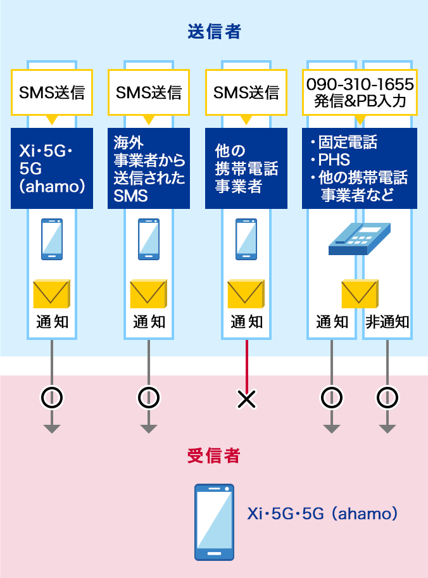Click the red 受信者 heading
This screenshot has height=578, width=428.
(214, 455)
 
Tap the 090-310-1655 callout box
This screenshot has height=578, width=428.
(360, 92)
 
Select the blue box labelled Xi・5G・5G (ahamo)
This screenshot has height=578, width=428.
(52, 168)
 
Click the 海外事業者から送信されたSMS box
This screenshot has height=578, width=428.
(149, 168)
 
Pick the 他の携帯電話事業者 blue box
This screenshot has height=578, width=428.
(246, 168)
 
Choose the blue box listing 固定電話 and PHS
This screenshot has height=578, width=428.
(360, 168)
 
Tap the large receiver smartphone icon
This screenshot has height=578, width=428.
(214, 522)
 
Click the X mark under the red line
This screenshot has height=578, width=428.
(246, 398)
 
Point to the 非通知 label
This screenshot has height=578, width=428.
(387, 322)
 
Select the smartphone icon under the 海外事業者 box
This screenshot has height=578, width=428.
(149, 239)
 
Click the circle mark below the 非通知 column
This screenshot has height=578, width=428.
(387, 398)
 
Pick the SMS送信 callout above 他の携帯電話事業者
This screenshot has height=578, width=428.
(246, 92)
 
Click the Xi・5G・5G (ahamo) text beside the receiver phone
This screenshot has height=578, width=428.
(322, 513)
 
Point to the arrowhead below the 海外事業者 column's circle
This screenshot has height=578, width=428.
(149, 429)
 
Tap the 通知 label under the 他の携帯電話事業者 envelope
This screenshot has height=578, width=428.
(246, 322)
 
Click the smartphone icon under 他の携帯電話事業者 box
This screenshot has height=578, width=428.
(246, 239)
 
